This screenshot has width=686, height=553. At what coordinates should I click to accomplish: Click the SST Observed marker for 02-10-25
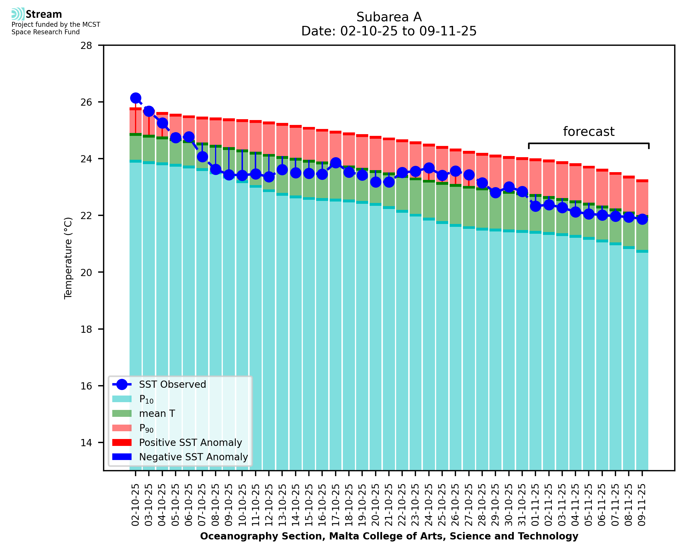tap(136, 98)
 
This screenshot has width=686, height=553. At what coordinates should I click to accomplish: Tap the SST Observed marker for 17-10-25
tap(336, 163)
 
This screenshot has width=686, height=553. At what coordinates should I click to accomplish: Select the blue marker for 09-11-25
tap(642, 219)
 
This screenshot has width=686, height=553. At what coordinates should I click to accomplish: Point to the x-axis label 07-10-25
tap(202, 505)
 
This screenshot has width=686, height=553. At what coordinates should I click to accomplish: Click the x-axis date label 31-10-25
tap(522, 505)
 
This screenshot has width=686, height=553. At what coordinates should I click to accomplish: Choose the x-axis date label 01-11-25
tap(535, 505)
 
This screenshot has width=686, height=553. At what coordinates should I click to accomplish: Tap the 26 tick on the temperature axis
tap(86, 102)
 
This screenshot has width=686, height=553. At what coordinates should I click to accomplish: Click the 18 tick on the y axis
tap(86, 329)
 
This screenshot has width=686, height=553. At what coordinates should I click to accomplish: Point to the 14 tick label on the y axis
tap(86, 443)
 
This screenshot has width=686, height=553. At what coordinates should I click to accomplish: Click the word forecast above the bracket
tap(588, 132)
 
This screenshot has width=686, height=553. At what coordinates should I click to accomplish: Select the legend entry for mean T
tap(157, 413)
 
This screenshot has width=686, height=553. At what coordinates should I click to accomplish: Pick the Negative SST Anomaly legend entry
tap(193, 457)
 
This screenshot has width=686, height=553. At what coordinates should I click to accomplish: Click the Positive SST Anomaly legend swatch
tap(122, 442)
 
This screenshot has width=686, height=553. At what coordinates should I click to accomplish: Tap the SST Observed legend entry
tap(172, 385)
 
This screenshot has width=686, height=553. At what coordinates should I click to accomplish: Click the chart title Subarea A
tap(389, 17)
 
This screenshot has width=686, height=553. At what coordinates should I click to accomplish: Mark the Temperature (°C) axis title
tap(68, 258)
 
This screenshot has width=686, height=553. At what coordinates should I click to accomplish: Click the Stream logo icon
tap(18, 14)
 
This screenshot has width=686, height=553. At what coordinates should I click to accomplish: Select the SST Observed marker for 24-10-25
tap(429, 168)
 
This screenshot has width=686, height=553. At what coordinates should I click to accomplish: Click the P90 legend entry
tap(146, 428)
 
